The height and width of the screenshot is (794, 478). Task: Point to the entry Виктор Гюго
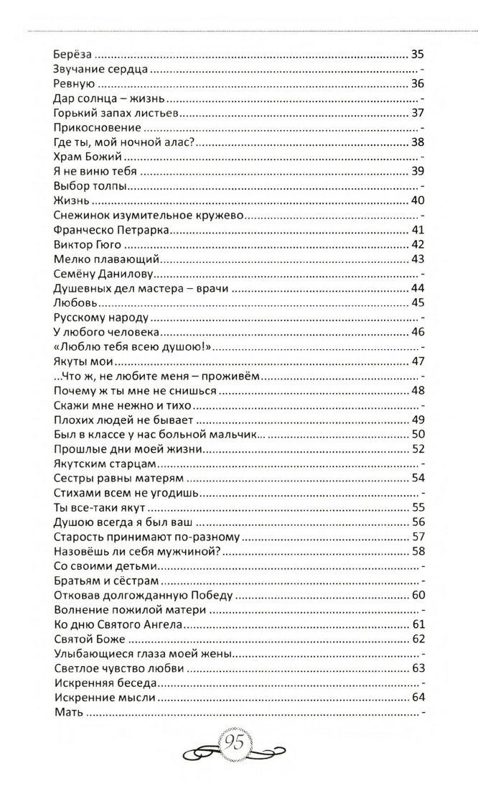(x=85, y=245)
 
